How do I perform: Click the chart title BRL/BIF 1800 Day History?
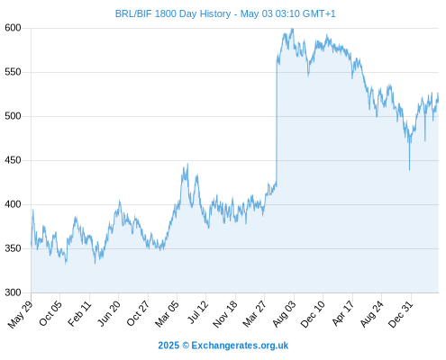(x=173, y=13)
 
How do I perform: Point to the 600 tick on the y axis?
(x=13, y=28)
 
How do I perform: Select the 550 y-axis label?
(x=13, y=72)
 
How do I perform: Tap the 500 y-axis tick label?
(x=13, y=116)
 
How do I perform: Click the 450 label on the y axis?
(x=13, y=160)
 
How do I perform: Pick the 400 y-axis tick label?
(x=13, y=204)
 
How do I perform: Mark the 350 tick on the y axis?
(x=13, y=248)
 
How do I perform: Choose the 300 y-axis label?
(x=13, y=292)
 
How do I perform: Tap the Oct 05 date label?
(x=50, y=313)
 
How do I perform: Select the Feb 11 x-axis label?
(x=79, y=313)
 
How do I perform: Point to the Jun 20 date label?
(x=109, y=313)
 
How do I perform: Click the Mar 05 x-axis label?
(x=167, y=313)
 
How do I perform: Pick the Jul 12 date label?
(x=197, y=312)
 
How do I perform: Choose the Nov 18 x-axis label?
(x=225, y=314)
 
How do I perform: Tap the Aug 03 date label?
(x=284, y=313)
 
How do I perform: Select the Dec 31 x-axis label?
(x=401, y=314)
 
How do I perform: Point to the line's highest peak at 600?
(x=292, y=29)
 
